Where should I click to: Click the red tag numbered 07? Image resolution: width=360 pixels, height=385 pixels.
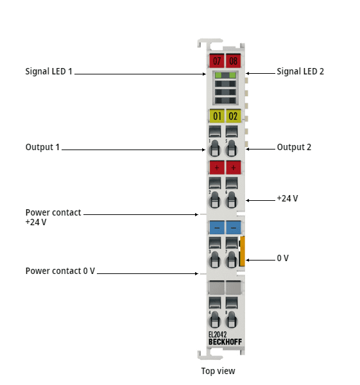pos(216,60)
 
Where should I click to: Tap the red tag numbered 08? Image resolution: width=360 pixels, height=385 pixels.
pos(234,60)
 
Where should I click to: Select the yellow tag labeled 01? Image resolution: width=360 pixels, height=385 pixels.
pos(217,116)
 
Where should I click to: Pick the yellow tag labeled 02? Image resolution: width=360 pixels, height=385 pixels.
pos(234,116)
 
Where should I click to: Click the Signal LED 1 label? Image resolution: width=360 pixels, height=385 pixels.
pos(49,71)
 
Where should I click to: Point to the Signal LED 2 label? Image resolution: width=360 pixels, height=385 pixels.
pos(300,71)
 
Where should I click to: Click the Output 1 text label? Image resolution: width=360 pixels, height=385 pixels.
pos(42,147)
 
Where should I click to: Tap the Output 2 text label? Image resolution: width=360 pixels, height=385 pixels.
pos(294,147)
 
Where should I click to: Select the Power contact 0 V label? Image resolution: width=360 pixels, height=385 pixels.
pos(60,271)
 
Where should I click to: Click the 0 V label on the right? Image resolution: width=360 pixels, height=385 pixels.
pos(282,258)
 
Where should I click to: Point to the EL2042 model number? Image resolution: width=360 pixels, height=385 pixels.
pos(218,334)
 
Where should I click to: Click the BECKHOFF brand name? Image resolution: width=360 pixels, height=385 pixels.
pos(225,342)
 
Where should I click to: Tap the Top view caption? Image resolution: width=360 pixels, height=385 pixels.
pos(218,371)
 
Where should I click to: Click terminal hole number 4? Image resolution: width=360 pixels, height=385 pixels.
pos(214,321)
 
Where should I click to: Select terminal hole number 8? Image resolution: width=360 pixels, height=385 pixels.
pos(231,321)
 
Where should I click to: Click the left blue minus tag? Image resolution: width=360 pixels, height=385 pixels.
pos(217,227)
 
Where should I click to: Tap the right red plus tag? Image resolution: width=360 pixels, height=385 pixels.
pos(234,167)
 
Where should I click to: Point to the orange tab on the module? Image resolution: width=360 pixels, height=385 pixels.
pos(243,251)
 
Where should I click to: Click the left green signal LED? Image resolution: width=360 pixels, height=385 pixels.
pos(218,75)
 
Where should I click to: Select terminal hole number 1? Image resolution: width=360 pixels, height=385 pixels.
pos(214,149)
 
